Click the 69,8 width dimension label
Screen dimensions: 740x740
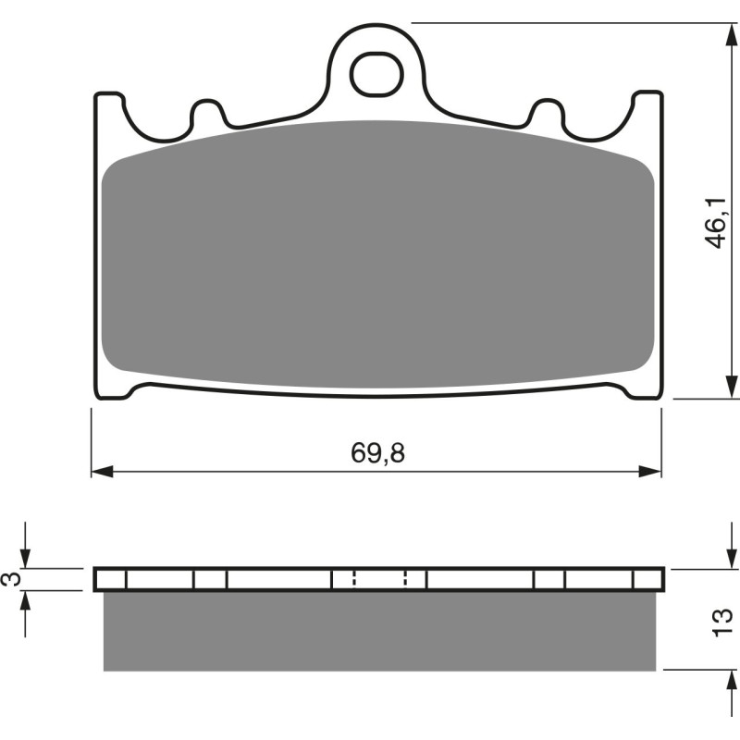pos(378,453)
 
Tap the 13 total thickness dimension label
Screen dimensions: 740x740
pos(723,620)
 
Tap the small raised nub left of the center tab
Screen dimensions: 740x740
pos(208,113)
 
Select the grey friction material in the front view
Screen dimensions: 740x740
pos(377,259)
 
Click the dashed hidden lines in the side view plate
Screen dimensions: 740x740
pos(379,579)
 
